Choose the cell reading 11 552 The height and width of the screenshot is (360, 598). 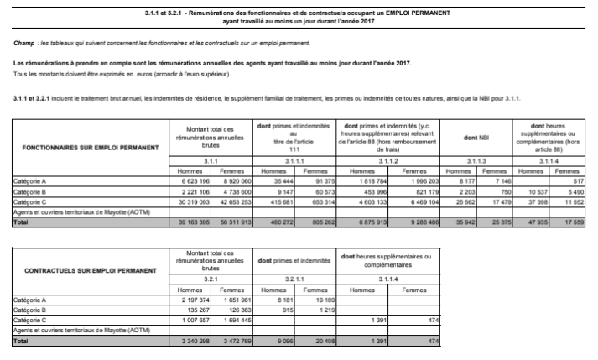coord(572,202)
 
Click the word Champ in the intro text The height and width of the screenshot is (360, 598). coord(26,42)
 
